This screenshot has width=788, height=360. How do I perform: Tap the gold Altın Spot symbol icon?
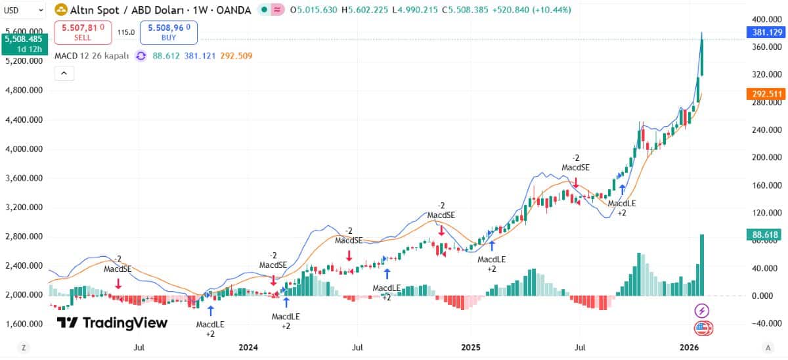(60, 10)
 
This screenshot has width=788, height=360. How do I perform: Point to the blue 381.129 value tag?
(766, 32)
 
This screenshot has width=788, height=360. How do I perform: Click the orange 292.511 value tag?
(766, 94)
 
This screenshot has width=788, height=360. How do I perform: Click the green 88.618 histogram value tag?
(766, 235)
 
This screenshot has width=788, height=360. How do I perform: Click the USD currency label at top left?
(13, 11)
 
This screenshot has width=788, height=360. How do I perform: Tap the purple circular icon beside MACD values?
(141, 56)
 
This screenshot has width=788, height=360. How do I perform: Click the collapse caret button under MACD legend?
(64, 73)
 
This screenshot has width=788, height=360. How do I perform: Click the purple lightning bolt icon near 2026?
(703, 310)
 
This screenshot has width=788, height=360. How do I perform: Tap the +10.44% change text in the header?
(553, 10)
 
